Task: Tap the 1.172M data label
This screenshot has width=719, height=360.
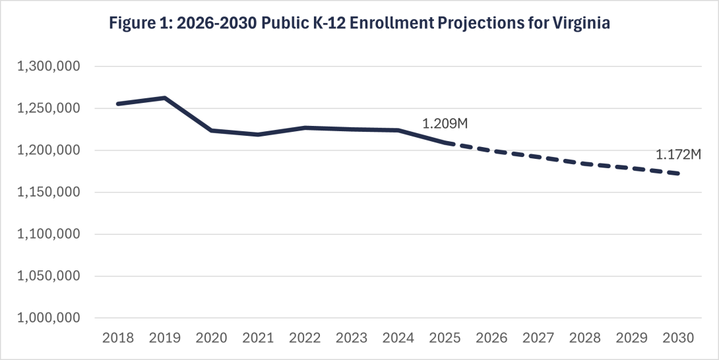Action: point(677,155)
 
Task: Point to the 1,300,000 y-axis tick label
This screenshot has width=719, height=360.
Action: point(50,67)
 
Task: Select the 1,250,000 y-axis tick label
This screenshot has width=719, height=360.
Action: point(50,109)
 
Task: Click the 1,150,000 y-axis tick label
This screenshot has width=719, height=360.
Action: point(50,193)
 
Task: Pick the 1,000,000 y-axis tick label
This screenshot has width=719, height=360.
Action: point(50,318)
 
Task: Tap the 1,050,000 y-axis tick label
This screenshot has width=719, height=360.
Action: point(50,276)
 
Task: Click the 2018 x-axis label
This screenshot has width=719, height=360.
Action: point(117,338)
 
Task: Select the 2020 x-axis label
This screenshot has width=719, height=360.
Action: point(211,338)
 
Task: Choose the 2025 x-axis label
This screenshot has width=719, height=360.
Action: point(445,338)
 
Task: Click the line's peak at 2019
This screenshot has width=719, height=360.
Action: point(164,98)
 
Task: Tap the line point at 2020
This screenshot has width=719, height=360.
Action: point(211,131)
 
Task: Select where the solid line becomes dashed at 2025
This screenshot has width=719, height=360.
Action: point(445,142)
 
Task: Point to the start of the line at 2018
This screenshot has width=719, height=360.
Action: point(117,104)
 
